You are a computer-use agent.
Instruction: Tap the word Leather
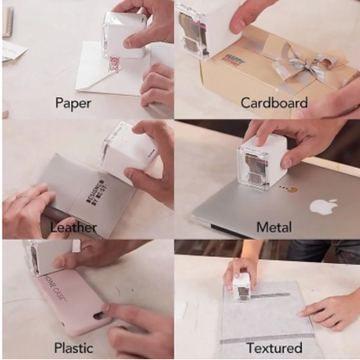[73, 227]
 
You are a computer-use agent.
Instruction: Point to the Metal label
[273, 227]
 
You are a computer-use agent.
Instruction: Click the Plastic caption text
[73, 348]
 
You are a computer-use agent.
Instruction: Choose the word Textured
[273, 348]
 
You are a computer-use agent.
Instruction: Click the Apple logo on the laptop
[323, 207]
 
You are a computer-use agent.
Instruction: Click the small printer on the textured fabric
[241, 285]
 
